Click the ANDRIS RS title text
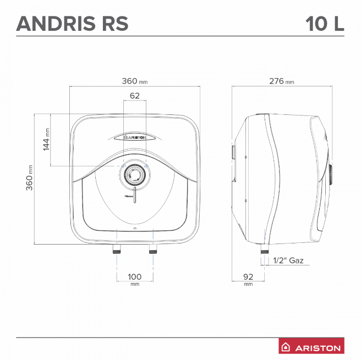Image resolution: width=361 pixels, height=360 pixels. click(x=72, y=24)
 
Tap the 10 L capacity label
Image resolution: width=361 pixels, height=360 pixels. click(x=325, y=24)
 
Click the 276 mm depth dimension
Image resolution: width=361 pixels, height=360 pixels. click(x=282, y=81)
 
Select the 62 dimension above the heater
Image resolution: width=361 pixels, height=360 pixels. click(x=135, y=96)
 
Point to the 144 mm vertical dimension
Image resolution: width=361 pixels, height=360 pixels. click(x=46, y=139)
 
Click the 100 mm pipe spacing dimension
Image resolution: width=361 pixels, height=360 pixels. click(x=135, y=279)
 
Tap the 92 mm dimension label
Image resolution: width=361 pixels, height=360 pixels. click(x=248, y=279)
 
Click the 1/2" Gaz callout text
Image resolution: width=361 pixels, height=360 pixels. click(x=288, y=261)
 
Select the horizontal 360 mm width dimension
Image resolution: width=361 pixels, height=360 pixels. click(x=135, y=81)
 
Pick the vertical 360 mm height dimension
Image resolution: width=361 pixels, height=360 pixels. click(x=30, y=178)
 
